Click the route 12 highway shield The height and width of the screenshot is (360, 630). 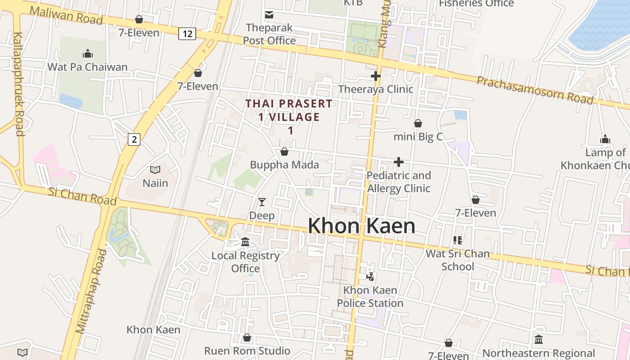point(187,33)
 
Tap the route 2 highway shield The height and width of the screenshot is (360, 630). point(134,139)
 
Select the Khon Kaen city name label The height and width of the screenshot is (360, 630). point(361,226)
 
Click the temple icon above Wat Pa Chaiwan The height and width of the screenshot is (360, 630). point(88,54)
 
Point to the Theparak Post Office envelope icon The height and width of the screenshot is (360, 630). point(269,15)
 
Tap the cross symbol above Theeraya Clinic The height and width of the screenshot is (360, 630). point(376,76)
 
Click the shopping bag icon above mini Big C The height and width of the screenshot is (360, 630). point(418,123)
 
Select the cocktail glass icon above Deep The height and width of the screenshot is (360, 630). point(262,202)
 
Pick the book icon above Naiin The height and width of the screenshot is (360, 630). point(155,170)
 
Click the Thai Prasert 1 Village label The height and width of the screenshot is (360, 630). point(289,117)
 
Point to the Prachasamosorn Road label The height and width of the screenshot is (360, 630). point(535,90)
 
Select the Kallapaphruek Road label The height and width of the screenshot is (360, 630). point(18,84)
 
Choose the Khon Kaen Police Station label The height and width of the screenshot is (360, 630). point(370,297)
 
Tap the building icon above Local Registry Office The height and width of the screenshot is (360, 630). point(245,242)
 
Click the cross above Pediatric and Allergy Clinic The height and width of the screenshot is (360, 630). point(399,162)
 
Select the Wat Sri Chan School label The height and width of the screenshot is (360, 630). point(458,260)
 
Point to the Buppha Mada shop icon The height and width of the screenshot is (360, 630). point(284,152)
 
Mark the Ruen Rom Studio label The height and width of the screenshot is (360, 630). point(247,351)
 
